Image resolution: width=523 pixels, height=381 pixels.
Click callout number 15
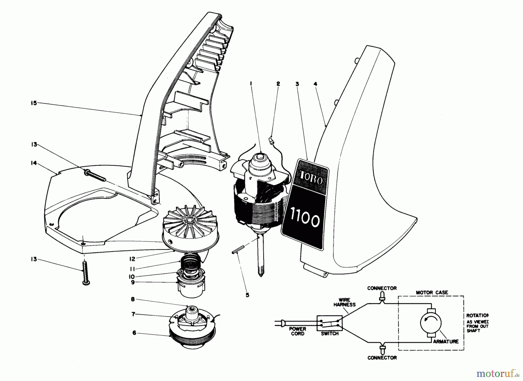pos(34,103)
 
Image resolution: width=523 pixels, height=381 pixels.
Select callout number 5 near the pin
pos(247,295)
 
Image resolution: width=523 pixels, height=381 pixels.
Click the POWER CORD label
pos(298,331)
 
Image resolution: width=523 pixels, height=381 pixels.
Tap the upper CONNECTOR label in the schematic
pos(382,288)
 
